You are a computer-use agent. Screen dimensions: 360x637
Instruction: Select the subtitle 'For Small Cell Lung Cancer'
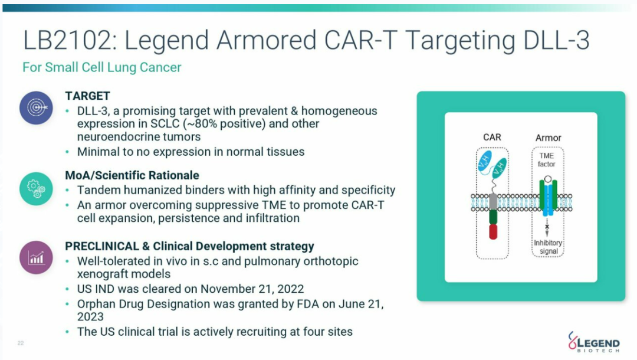click(101, 67)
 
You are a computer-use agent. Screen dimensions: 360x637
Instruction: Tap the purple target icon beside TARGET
click(36, 107)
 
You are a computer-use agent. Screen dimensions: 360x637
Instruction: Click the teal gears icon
click(36, 187)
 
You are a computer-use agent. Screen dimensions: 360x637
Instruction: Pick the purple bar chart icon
click(36, 257)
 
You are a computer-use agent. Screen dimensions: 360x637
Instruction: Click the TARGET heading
click(88, 96)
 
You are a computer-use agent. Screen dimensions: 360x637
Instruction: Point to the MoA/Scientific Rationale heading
click(132, 175)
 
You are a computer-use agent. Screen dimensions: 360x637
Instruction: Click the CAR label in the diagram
click(492, 138)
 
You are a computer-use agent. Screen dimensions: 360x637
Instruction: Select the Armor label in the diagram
click(548, 138)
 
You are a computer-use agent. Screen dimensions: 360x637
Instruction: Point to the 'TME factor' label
click(546, 160)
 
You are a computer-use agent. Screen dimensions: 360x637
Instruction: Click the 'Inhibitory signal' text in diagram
click(547, 247)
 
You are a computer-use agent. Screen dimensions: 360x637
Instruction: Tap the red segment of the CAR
click(493, 231)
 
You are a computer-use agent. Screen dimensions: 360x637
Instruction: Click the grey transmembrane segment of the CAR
click(493, 202)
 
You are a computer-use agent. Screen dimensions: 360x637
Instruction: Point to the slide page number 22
click(21, 343)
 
